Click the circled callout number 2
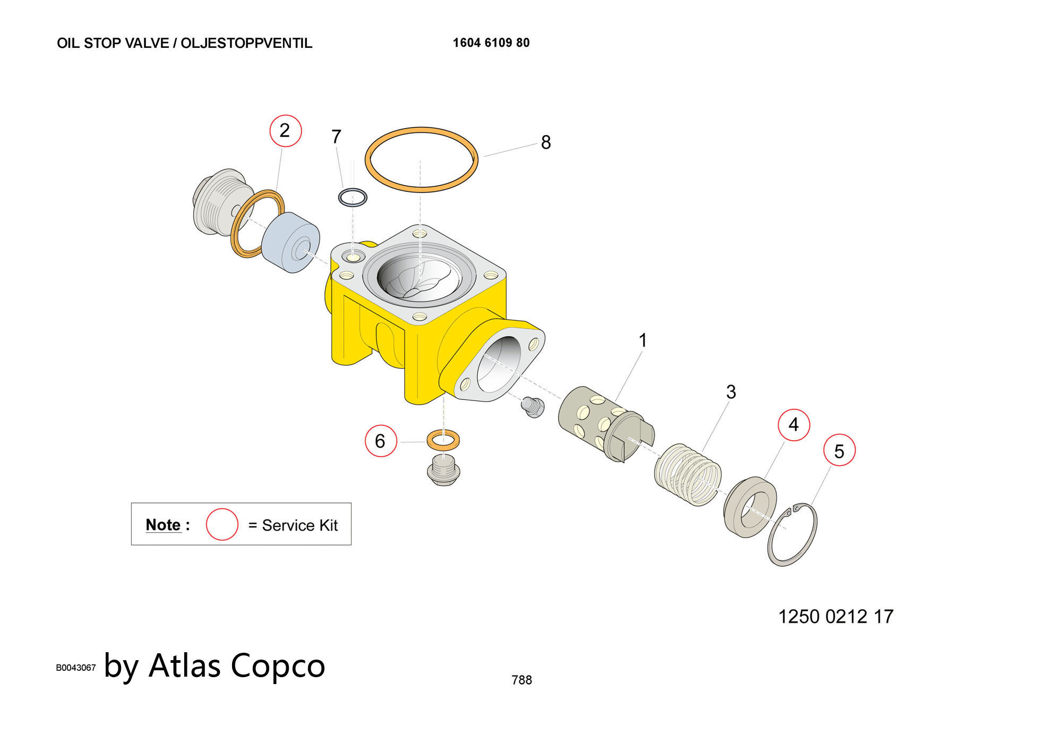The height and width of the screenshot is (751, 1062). coord(285,131)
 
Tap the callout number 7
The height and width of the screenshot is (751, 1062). coord(336,137)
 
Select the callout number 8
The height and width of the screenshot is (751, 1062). coord(546,142)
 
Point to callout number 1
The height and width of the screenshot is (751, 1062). coord(643,340)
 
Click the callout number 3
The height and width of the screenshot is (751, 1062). coord(731,392)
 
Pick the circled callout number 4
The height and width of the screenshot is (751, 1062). coord(793,425)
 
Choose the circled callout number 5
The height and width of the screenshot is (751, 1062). coord(839,451)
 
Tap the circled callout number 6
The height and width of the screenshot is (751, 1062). coord(380,441)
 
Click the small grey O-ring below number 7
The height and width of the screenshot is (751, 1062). coord(353,198)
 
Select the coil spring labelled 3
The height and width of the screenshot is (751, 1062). coord(688,474)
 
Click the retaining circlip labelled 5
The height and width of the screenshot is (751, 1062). coord(792,534)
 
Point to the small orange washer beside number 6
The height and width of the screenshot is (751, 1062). coord(443,440)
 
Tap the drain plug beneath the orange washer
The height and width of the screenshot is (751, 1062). coord(443,471)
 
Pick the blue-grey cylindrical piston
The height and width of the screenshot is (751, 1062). coord(290,243)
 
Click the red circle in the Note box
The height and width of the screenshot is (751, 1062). coord(222,525)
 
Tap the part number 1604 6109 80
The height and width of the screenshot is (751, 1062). coord(491,43)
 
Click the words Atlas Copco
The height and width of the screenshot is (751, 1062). coord(237,665)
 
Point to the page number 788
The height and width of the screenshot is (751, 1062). coord(521,680)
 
